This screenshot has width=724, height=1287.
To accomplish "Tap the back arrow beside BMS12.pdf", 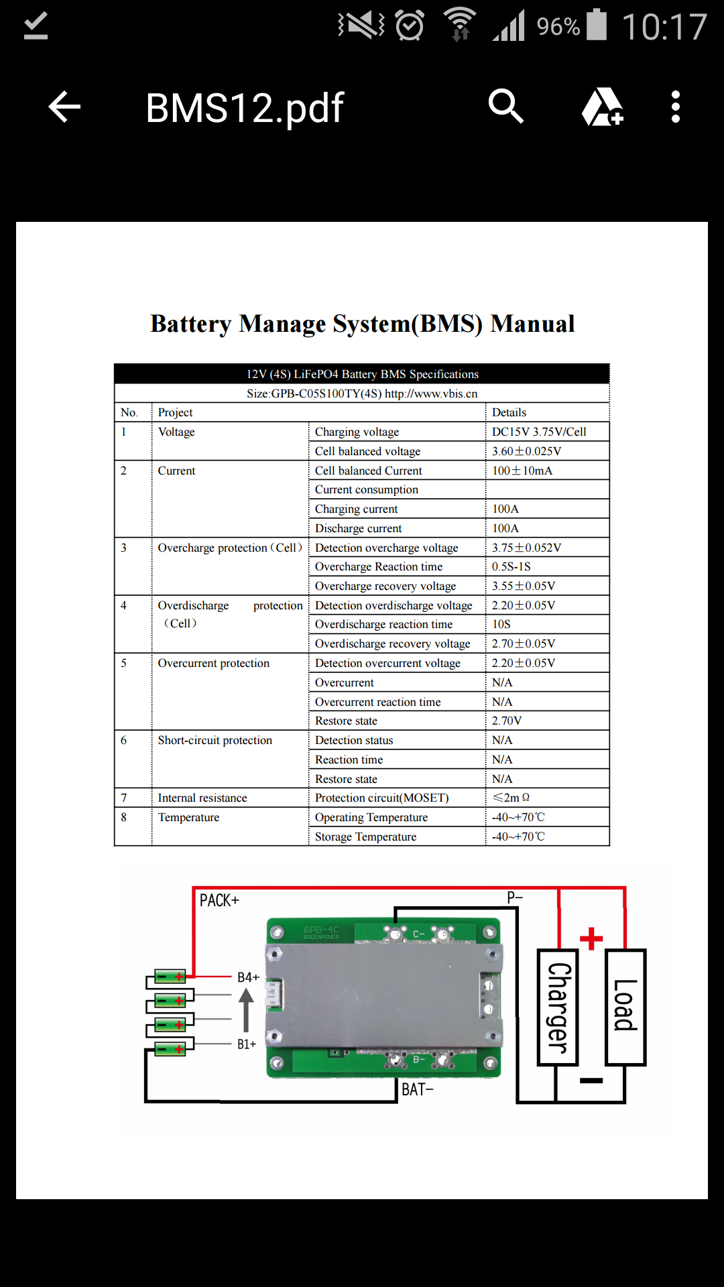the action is pos(64,107).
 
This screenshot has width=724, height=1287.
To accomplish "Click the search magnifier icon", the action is pos(506,106).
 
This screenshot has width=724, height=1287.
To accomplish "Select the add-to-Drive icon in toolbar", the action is pos(603,107).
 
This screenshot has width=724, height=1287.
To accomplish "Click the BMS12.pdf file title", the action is pos(245,109).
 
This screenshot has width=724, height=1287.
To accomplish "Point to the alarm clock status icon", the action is pos(410,25).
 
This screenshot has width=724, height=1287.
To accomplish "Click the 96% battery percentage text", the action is pos(558,27).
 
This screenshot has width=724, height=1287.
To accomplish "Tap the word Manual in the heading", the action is pos(533,324).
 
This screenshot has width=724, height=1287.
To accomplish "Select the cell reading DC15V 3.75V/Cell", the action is pos(539,432).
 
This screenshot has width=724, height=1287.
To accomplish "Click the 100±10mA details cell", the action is pos(522,471).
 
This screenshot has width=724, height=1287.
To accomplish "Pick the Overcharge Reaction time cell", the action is pos(379,567).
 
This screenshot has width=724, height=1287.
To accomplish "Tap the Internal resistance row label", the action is pos(202,798).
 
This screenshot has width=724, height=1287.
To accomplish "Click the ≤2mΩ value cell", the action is pos(511,798).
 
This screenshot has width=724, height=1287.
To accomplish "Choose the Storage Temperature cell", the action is pos(366,837).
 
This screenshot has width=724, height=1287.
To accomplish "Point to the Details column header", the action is pos(509,413).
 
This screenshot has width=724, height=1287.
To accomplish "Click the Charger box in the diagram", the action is pos(558,1007).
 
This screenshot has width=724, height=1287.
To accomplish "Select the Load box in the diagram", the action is pos(625,1007).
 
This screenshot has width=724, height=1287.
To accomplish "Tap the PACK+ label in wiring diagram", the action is pos(219,900).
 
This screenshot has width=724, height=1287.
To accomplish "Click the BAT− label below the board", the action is pos(418,1089).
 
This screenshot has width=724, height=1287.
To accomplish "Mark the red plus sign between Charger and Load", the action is pos(591,938).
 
